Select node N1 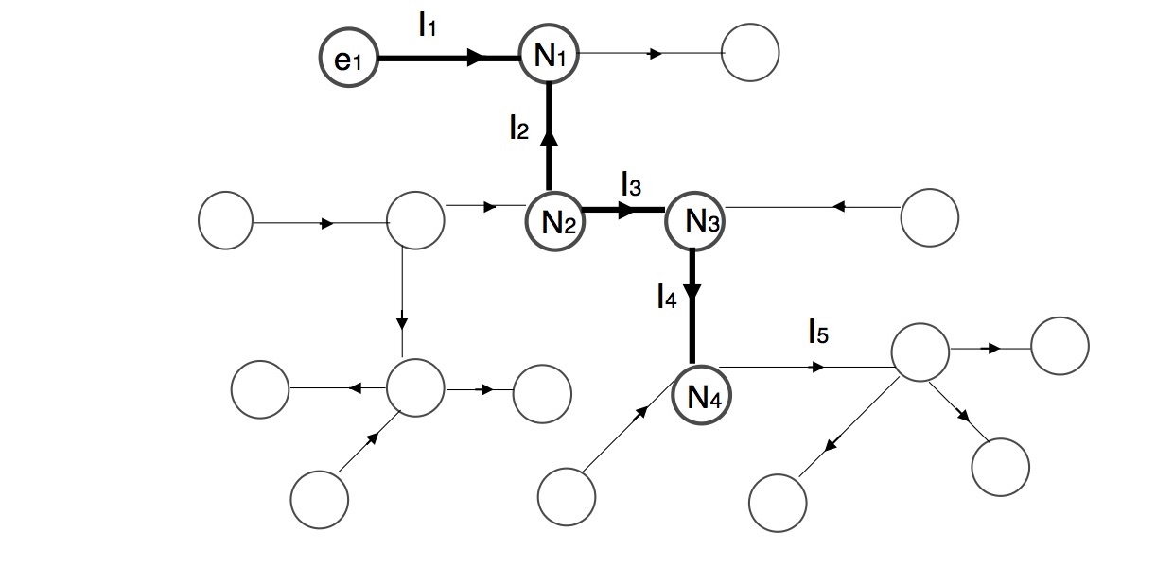tap(549, 55)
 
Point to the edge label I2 tap(518, 128)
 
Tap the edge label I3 tap(631, 185)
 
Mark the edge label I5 tap(818, 332)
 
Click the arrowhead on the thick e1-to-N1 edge tap(478, 58)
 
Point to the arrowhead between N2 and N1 tap(550, 137)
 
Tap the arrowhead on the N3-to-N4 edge tap(692, 292)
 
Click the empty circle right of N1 tap(750, 53)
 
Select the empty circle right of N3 tap(929, 216)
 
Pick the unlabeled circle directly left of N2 tap(415, 220)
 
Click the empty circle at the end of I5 tap(920, 352)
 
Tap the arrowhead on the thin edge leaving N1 tap(655, 54)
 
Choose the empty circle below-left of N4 tap(567, 494)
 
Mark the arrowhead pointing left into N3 tap(838, 207)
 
